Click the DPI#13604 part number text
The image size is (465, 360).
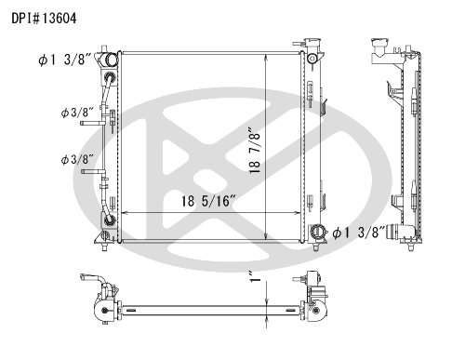coord(44,19)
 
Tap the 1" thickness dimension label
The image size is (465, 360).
coord(255,276)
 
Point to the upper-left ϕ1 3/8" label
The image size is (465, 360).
coord(65,60)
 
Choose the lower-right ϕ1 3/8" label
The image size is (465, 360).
coord(359,233)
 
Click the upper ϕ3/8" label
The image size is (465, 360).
coord(77,113)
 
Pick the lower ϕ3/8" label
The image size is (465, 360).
coord(77,160)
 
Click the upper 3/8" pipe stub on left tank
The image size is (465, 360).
coord(92,123)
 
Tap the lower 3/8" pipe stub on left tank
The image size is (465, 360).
coord(93,171)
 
